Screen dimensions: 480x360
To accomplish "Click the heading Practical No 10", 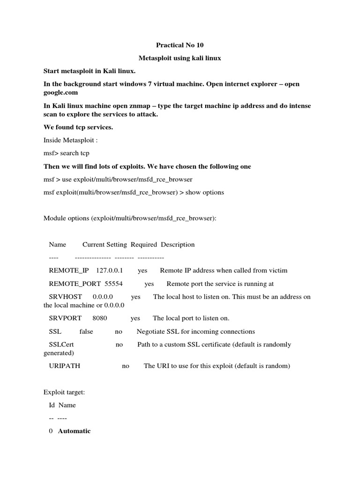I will tap(180, 45).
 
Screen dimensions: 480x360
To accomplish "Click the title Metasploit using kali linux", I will tap(180, 58).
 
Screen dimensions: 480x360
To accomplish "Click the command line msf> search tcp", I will tap(66, 153).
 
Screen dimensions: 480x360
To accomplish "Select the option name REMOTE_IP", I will tap(68, 270).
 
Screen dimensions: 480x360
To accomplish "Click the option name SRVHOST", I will tap(66, 297).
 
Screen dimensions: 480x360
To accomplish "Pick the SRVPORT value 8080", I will tap(100, 318).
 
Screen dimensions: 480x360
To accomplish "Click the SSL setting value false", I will tap(86, 331).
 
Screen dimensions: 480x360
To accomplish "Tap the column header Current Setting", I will tap(105, 244).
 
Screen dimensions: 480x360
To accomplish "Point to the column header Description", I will tap(178, 244).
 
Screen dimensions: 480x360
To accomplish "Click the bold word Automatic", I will tap(74, 431).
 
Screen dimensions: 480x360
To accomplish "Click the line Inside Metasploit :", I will tap(70, 140).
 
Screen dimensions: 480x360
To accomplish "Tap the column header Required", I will tap(144, 244).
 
